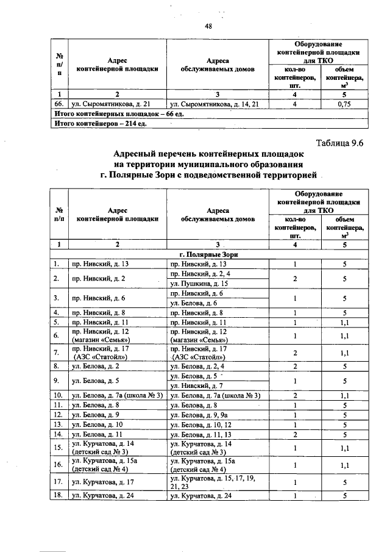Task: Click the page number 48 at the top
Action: point(208,25)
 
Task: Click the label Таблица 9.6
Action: point(339,144)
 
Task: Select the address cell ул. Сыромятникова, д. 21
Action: point(107,104)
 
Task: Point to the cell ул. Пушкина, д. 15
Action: point(199,284)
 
